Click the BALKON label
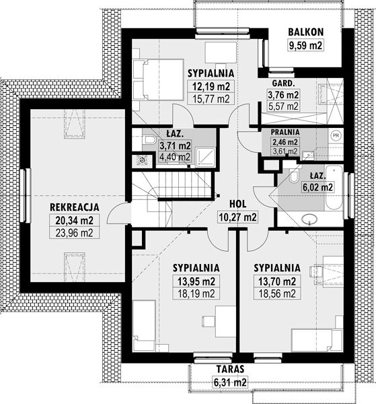[x=306, y=32]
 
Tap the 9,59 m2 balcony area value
[x=306, y=46]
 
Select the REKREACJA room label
[x=75, y=207]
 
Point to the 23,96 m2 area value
[x=75, y=233]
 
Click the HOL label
[x=238, y=204]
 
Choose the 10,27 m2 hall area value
[x=238, y=217]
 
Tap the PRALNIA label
[x=285, y=132]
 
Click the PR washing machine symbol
[x=336, y=135]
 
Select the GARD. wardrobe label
[x=284, y=83]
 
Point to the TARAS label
[x=230, y=369]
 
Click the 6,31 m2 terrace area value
[x=230, y=382]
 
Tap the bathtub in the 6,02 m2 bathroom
[x=334, y=188]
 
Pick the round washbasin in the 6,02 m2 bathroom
[x=309, y=220]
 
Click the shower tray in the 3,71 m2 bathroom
[x=205, y=157]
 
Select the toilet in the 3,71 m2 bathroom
[x=149, y=140]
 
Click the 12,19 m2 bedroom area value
[x=211, y=87]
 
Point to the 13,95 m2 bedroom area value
[x=196, y=281]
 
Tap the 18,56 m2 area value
[x=277, y=294]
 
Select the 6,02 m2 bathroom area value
[x=318, y=187]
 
